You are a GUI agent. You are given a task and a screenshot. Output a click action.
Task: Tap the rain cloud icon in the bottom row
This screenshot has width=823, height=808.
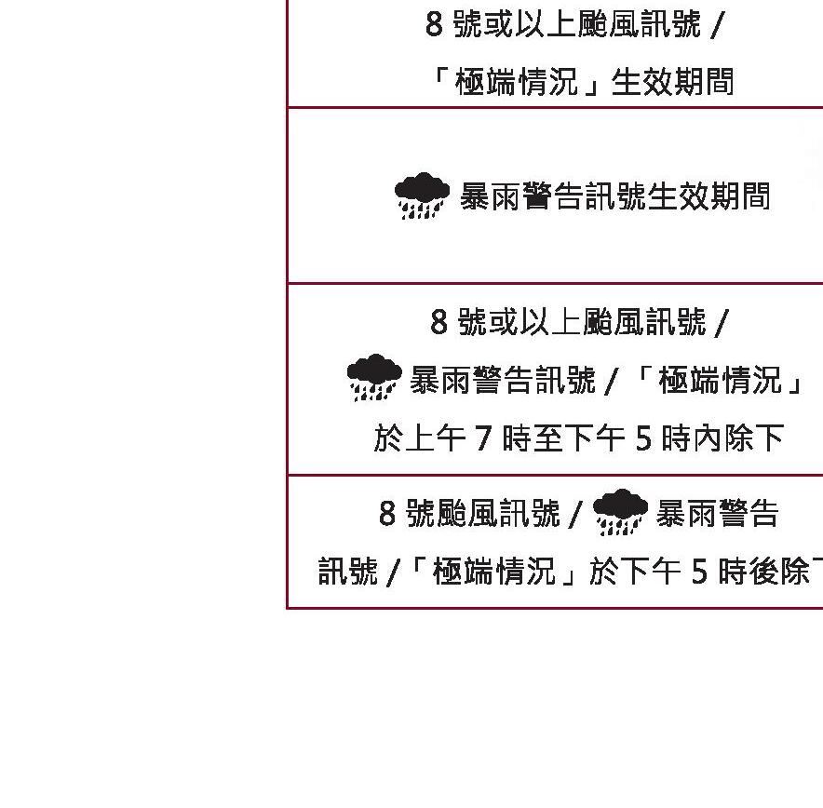[x=620, y=512]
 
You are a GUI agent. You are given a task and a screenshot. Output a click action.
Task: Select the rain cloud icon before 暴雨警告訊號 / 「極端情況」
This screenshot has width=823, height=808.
[x=373, y=377]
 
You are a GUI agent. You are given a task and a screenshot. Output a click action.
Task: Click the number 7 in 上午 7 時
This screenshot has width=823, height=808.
[x=483, y=438]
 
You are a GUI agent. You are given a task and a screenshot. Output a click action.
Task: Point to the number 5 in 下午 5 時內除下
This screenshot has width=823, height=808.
[x=643, y=438]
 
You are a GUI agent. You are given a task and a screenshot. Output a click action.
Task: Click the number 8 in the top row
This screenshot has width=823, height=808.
[x=434, y=24]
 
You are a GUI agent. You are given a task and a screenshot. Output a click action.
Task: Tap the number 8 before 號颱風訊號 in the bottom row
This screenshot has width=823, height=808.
[x=387, y=513]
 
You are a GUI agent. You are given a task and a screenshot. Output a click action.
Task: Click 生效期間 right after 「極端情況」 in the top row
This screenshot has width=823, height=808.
[x=672, y=82]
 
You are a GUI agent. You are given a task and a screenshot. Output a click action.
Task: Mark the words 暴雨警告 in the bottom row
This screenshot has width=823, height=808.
[x=717, y=513]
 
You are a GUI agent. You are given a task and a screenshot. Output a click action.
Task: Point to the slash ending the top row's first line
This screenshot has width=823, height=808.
[x=715, y=25]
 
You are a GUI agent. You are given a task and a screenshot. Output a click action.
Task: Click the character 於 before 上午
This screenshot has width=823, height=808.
[x=388, y=438]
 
